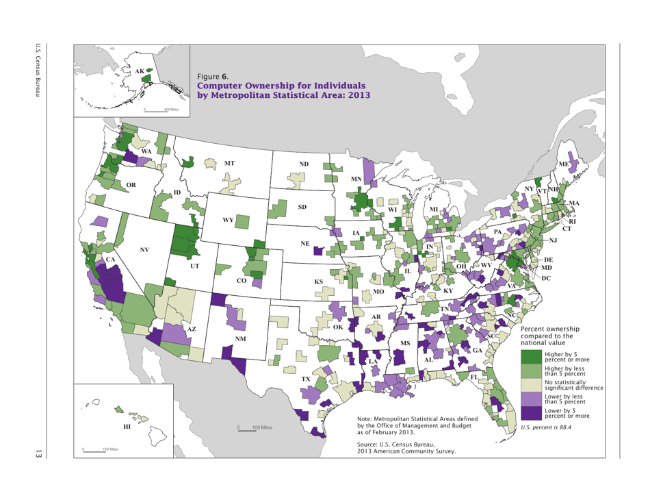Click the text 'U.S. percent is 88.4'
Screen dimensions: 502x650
546,428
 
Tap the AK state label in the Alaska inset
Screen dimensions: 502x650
140,71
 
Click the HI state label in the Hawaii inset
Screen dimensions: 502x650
125,427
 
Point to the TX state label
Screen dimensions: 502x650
306,379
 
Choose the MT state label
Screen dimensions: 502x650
229,164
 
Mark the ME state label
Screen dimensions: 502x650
563,165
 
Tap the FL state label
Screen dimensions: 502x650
474,377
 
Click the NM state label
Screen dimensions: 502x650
240,339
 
